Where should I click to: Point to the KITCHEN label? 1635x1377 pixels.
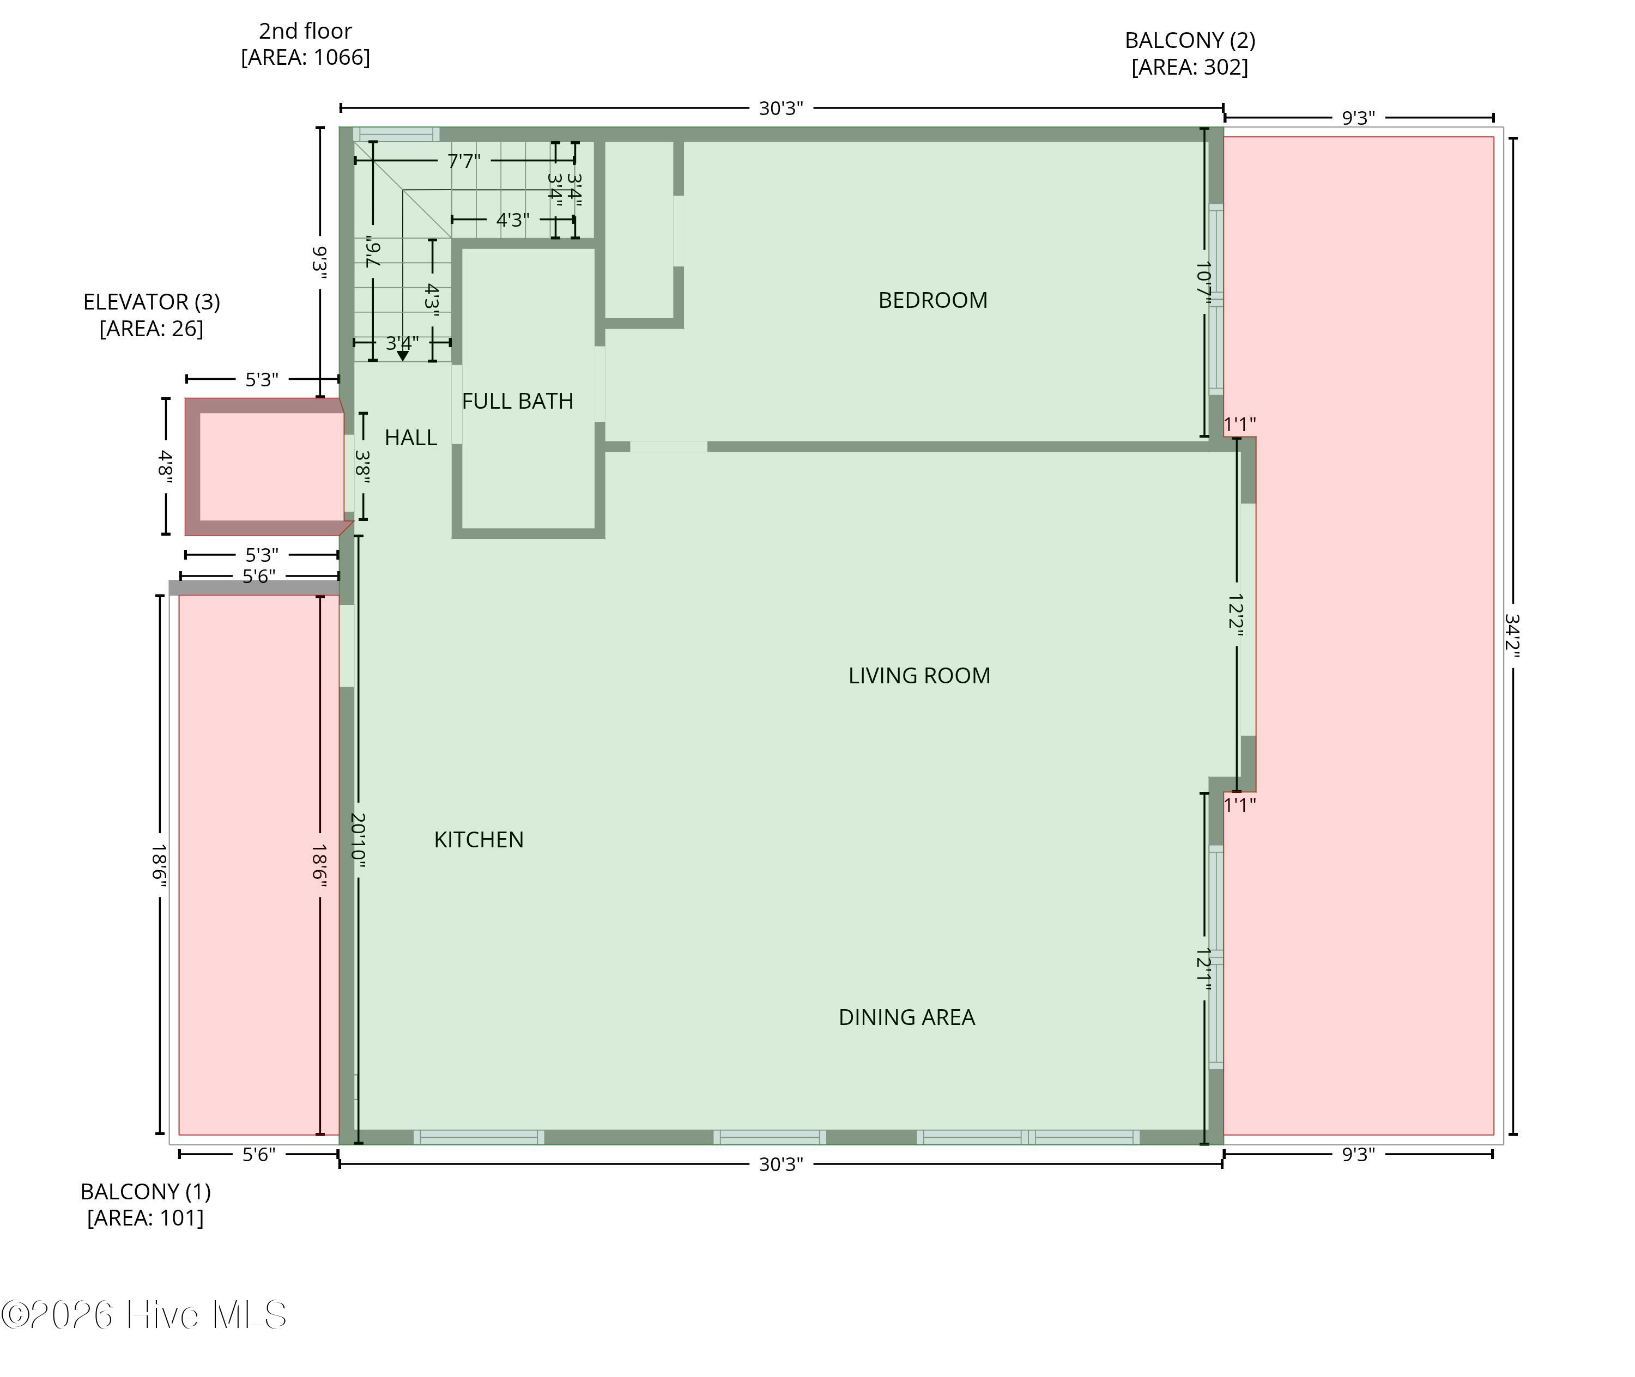[x=479, y=839]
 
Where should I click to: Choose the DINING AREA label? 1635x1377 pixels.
[x=906, y=1017]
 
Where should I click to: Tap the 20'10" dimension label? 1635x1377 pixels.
[x=358, y=841]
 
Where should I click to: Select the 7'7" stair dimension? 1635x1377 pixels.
[x=464, y=161]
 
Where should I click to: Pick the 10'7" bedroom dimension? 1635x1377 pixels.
[x=1204, y=283]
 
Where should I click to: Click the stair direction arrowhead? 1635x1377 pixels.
[x=403, y=356]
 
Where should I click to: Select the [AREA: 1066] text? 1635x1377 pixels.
[x=305, y=58]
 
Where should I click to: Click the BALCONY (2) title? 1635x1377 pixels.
[x=1190, y=40]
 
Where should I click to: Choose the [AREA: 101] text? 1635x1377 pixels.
[x=145, y=1218]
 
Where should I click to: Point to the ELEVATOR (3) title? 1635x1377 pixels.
[x=152, y=301]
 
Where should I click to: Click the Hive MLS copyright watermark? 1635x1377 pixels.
[x=144, y=1314]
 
